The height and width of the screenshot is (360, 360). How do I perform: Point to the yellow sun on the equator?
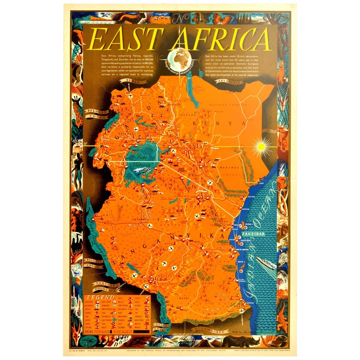(262, 145)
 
